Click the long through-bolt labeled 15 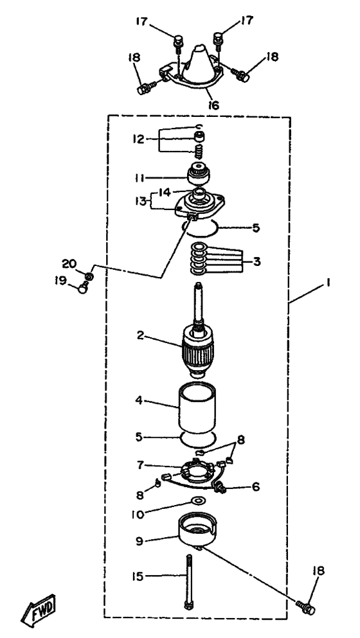[188, 582]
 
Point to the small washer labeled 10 [199, 500]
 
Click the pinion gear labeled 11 [198, 173]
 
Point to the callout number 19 [62, 281]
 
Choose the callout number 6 [256, 486]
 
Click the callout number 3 [256, 261]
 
